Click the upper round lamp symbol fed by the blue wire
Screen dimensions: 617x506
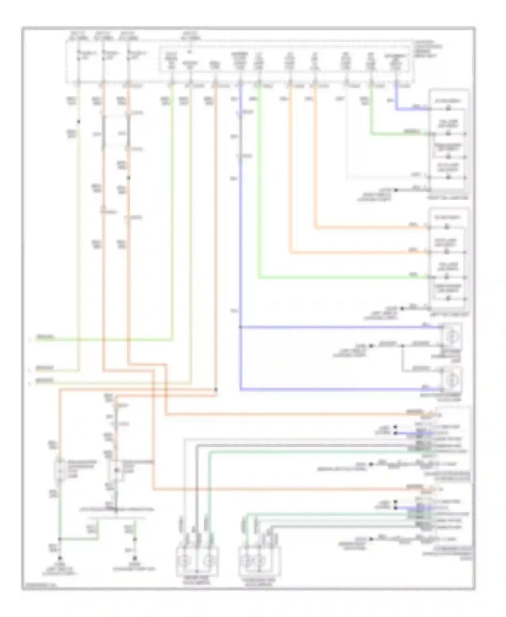pos(450,337)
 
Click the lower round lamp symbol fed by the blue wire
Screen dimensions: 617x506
pos(450,380)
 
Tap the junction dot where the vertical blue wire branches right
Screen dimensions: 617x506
pos(240,327)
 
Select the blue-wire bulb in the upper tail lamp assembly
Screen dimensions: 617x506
pos(448,109)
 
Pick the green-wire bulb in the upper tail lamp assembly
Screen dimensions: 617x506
pos(448,134)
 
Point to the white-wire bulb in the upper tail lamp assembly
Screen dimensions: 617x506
pos(448,177)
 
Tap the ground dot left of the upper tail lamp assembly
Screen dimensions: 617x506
pos(396,190)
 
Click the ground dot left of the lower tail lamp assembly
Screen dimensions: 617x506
pos(402,308)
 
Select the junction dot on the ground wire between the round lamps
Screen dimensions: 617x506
pos(402,346)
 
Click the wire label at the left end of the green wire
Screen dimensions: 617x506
pos(45,338)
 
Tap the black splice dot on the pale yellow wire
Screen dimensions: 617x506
pos(78,122)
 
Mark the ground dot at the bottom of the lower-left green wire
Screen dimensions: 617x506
pos(60,559)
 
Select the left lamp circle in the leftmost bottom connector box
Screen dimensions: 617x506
pos(185,561)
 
